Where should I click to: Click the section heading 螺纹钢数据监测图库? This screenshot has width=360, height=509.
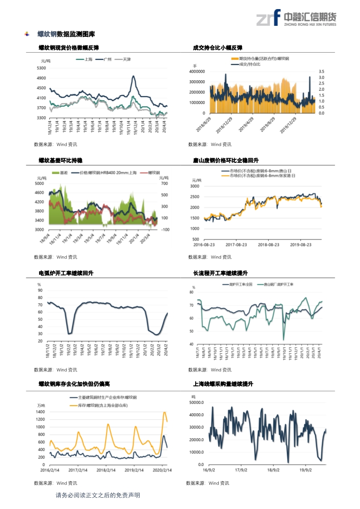coord(66,34)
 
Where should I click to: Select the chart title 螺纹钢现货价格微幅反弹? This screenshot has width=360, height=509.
coord(69,48)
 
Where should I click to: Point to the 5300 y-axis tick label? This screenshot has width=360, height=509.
coord(41,68)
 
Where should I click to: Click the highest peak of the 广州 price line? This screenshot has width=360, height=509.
coord(133,76)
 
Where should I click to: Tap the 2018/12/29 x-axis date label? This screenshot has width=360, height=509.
coord(225,123)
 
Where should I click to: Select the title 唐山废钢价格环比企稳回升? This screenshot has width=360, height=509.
coord(226,161)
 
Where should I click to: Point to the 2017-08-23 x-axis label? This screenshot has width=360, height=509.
coord(234,245)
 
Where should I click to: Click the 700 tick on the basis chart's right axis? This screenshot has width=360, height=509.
coord(164,184)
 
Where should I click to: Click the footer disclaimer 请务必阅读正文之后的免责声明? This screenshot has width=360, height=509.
coord(98,495)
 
